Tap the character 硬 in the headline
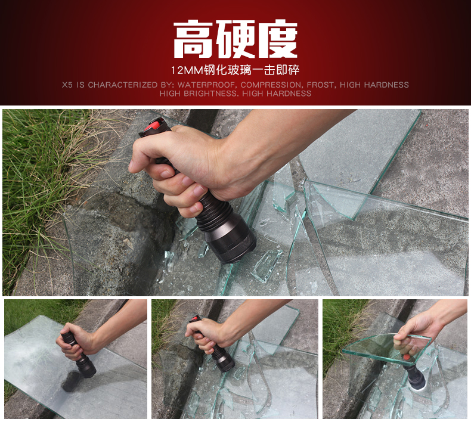(x=236, y=39)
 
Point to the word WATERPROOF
(x=207, y=85)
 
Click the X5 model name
(x=67, y=85)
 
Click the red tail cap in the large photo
(x=154, y=125)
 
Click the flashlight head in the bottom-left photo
(x=86, y=368)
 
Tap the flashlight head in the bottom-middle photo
(x=224, y=363)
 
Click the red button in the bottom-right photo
(x=406, y=358)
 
